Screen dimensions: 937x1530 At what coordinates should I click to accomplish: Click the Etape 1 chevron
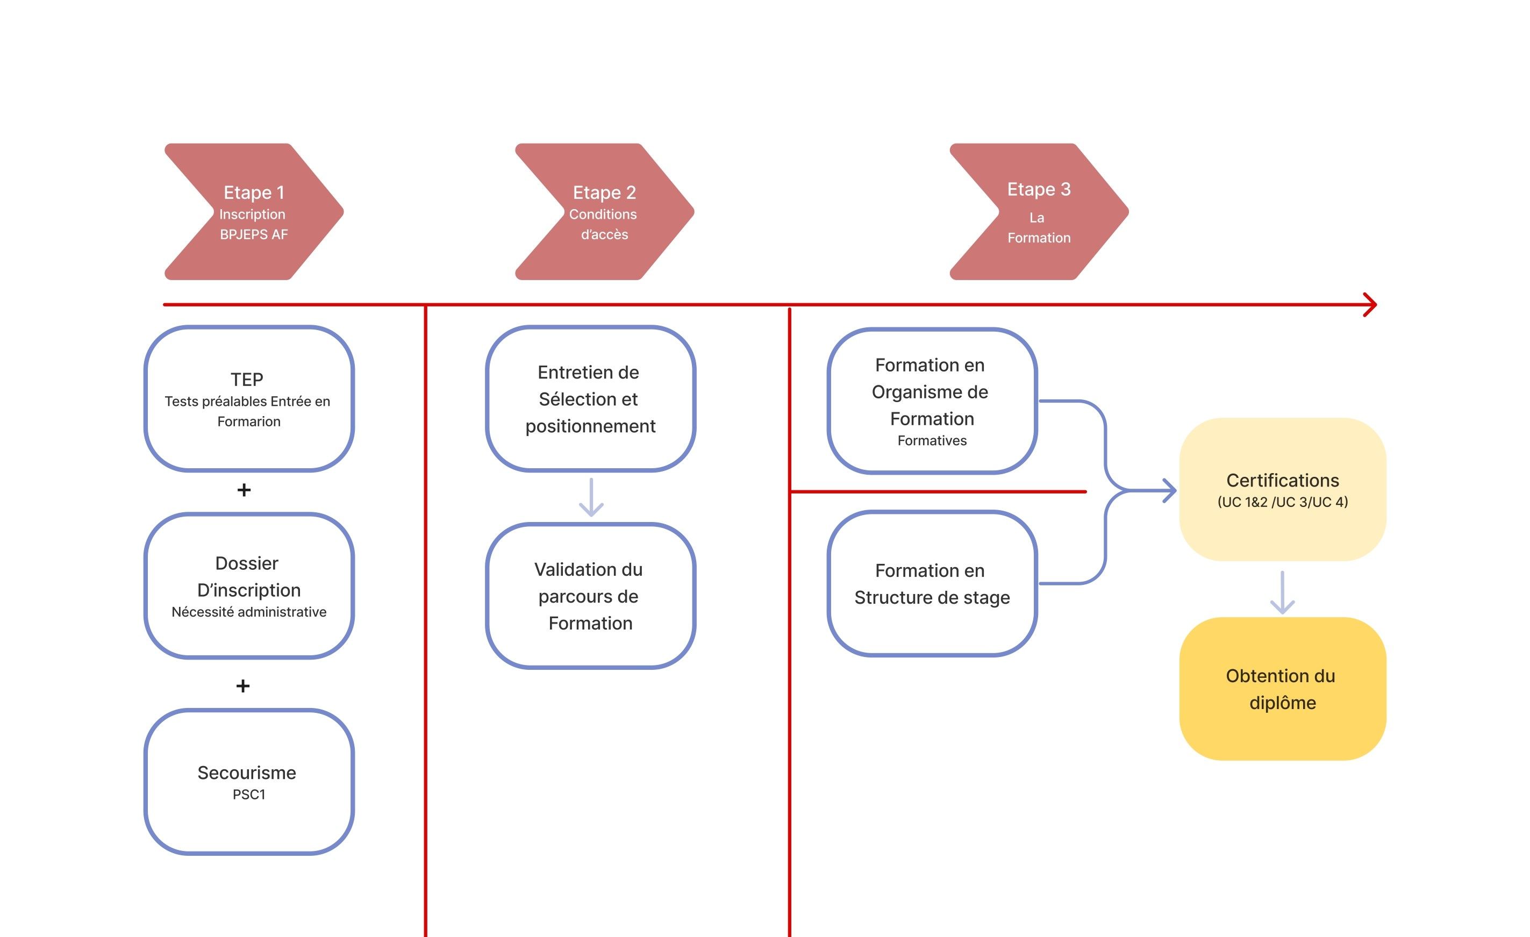point(254,212)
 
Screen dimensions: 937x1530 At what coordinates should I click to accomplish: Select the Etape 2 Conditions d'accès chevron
point(604,212)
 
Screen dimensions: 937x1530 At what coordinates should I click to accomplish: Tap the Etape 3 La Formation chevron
point(1039,212)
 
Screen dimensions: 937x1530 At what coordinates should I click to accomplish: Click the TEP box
point(249,399)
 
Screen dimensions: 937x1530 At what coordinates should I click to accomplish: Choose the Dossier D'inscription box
point(249,585)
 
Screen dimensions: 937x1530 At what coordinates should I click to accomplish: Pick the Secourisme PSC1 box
point(249,782)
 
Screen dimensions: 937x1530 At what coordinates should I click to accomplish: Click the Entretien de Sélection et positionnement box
point(590,399)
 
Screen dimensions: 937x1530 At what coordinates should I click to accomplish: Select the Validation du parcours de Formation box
point(590,596)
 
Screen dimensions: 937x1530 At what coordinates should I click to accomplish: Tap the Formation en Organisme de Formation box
point(932,401)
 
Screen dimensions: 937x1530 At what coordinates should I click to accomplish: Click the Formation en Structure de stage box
point(932,584)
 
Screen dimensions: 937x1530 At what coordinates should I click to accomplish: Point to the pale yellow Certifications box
point(1282,490)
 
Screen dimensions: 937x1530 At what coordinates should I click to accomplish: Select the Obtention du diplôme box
point(1282,689)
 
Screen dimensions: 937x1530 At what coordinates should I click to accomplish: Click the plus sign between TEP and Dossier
point(244,490)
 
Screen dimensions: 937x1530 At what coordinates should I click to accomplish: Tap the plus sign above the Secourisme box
point(243,686)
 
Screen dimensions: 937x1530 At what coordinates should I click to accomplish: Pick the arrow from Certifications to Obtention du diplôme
point(1282,593)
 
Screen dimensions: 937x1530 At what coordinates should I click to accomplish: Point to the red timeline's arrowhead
point(1371,305)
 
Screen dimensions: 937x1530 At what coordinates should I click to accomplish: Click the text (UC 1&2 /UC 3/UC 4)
point(1282,502)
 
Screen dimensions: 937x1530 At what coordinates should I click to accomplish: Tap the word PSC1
point(249,795)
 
